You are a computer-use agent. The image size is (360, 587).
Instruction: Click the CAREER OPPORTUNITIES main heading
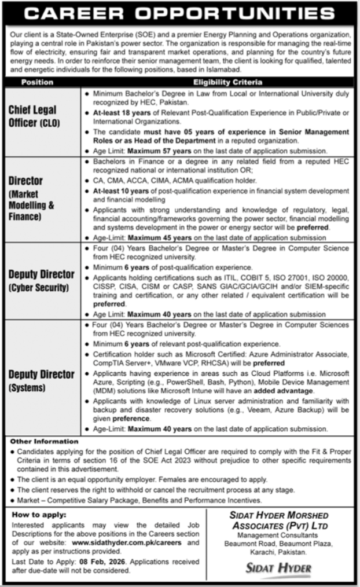pyautogui.click(x=179, y=13)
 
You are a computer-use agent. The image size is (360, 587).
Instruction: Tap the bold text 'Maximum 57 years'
pyautogui.click(x=160, y=150)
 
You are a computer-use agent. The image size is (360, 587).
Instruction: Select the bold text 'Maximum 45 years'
pyautogui.click(x=162, y=237)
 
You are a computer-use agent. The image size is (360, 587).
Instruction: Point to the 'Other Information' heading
pyautogui.click(x=43, y=441)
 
